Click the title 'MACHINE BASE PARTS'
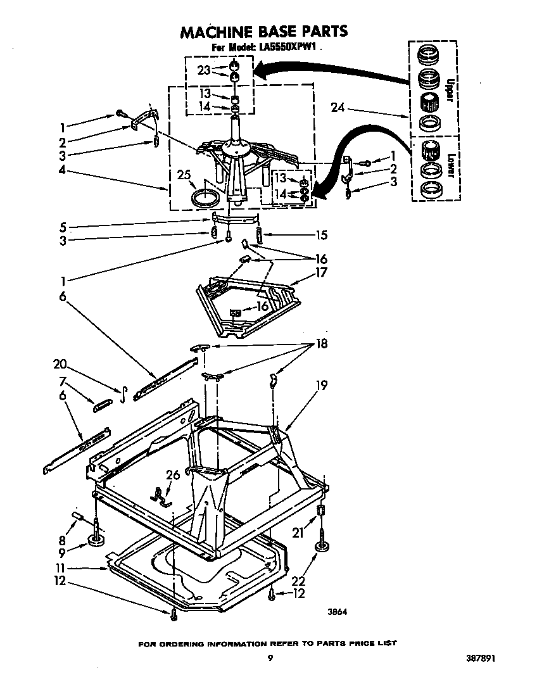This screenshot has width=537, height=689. tap(263, 31)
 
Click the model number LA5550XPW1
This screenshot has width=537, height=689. tap(293, 48)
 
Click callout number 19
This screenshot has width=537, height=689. tap(321, 384)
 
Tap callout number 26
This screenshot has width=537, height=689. tap(172, 475)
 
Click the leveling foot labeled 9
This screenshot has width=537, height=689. tap(97, 540)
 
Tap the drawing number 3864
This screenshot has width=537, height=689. tap(338, 612)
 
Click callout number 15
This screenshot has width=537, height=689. tap(321, 236)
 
